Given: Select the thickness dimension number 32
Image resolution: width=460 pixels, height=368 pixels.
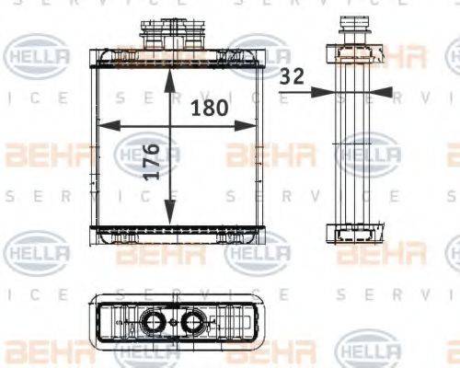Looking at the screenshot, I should pos(293,77).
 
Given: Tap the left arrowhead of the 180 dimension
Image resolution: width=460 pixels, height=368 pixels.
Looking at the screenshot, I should pos(103,126).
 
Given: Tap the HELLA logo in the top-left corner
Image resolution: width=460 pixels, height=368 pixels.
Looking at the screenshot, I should pos(38,57).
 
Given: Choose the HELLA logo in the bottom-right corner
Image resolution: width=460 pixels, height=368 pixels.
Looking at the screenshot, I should pos(370,350).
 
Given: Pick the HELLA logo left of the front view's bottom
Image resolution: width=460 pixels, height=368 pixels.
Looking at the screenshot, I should pos(38,250).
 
